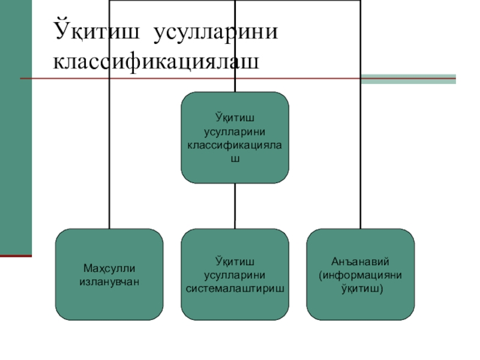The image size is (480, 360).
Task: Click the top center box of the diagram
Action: pyautogui.click(x=235, y=137)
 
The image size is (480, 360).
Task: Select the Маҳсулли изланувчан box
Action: pyautogui.click(x=109, y=274)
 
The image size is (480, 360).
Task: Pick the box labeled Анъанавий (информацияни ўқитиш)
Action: pyautogui.click(x=361, y=274)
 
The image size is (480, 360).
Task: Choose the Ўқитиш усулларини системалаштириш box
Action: pyautogui.click(x=235, y=274)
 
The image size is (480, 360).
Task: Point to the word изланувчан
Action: pyautogui.click(x=109, y=280)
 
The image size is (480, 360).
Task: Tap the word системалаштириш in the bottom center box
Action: pyautogui.click(x=235, y=288)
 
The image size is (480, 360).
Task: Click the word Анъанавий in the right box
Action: pyautogui.click(x=361, y=262)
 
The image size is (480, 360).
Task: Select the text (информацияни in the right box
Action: pyautogui.click(x=361, y=275)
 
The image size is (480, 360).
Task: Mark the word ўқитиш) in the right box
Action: pyautogui.click(x=361, y=288)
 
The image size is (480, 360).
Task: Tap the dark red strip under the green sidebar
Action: pyautogui.click(x=16, y=255)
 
